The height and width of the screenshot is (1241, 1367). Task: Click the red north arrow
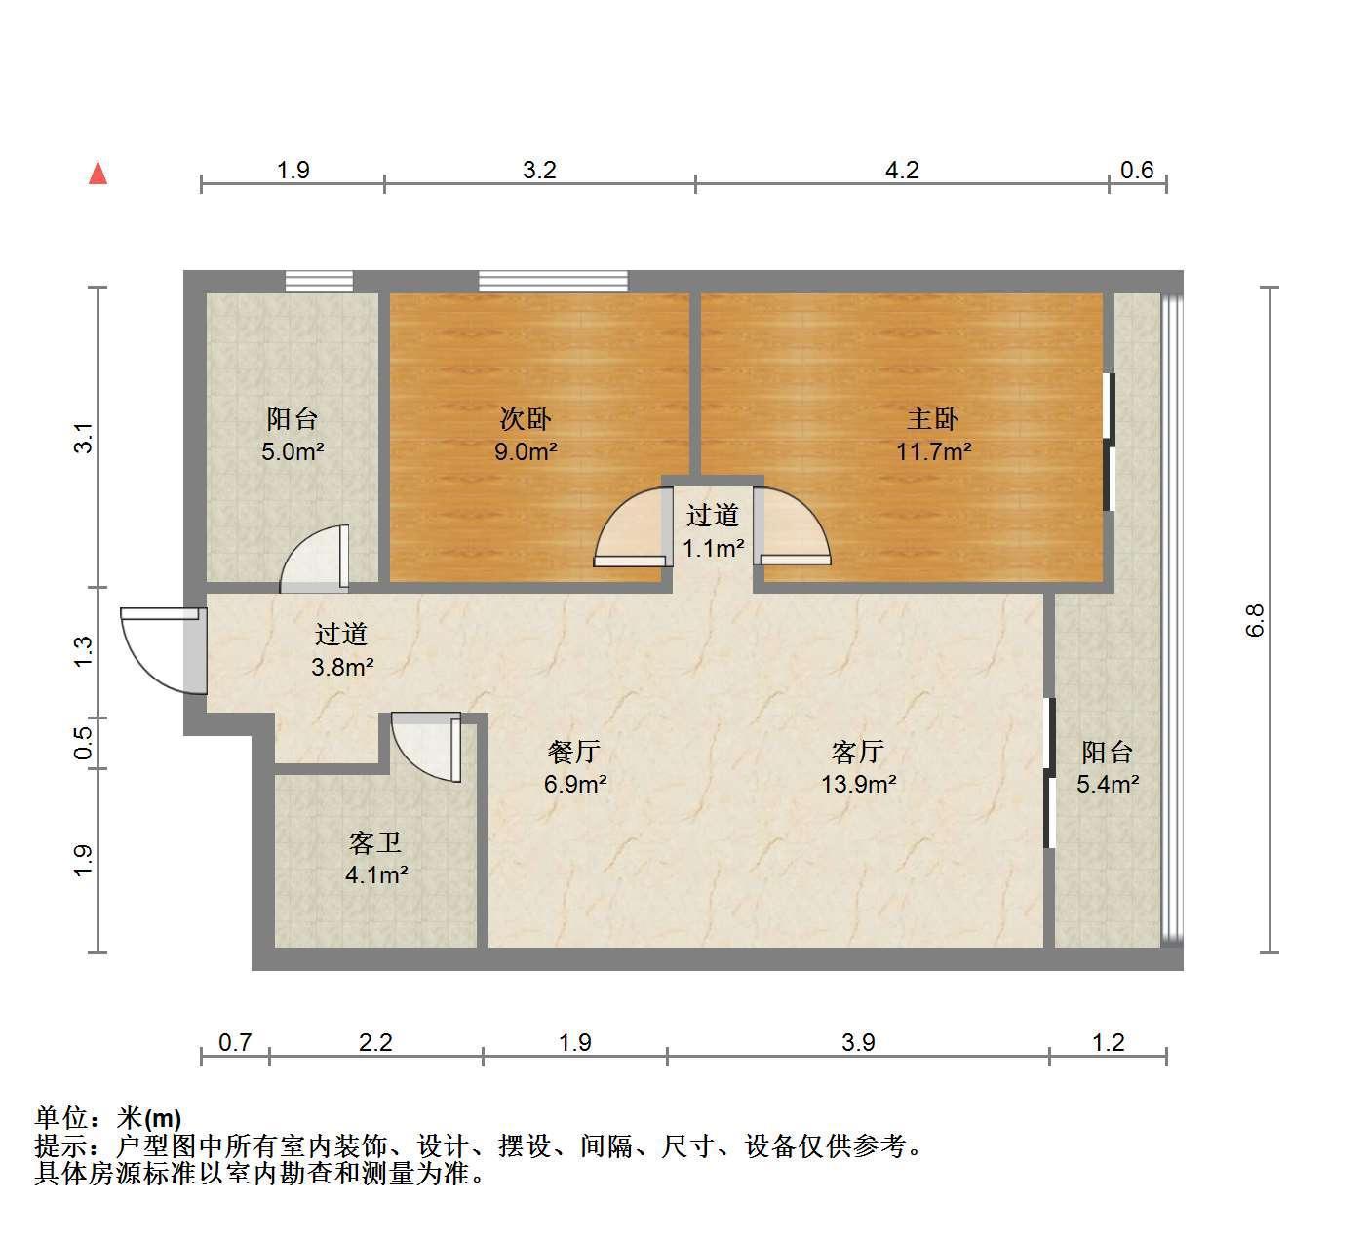(x=98, y=173)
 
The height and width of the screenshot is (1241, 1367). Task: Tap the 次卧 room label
(x=525, y=419)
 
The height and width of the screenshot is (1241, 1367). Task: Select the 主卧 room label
(x=932, y=419)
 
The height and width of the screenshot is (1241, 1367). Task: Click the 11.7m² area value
(x=933, y=451)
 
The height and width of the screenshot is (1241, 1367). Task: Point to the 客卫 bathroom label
(x=374, y=843)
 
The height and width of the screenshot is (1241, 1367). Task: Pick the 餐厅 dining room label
(x=573, y=752)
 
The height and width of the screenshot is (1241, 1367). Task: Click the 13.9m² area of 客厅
(x=858, y=785)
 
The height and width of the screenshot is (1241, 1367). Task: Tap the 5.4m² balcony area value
(x=1108, y=785)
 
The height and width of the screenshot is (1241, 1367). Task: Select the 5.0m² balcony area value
(x=293, y=451)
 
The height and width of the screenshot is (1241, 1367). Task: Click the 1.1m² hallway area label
(x=713, y=549)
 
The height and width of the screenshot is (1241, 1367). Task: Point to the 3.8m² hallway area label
(x=342, y=667)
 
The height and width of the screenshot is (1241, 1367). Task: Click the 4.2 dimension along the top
(x=902, y=171)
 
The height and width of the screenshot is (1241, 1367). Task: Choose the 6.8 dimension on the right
(x=1255, y=620)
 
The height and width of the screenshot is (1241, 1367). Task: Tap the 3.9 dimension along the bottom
(x=858, y=1043)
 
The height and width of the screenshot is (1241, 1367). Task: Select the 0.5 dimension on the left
(x=83, y=743)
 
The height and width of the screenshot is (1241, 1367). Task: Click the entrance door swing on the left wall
(x=162, y=651)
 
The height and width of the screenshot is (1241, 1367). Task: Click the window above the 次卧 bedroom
(x=553, y=282)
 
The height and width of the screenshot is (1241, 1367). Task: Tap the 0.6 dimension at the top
(x=1137, y=171)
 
